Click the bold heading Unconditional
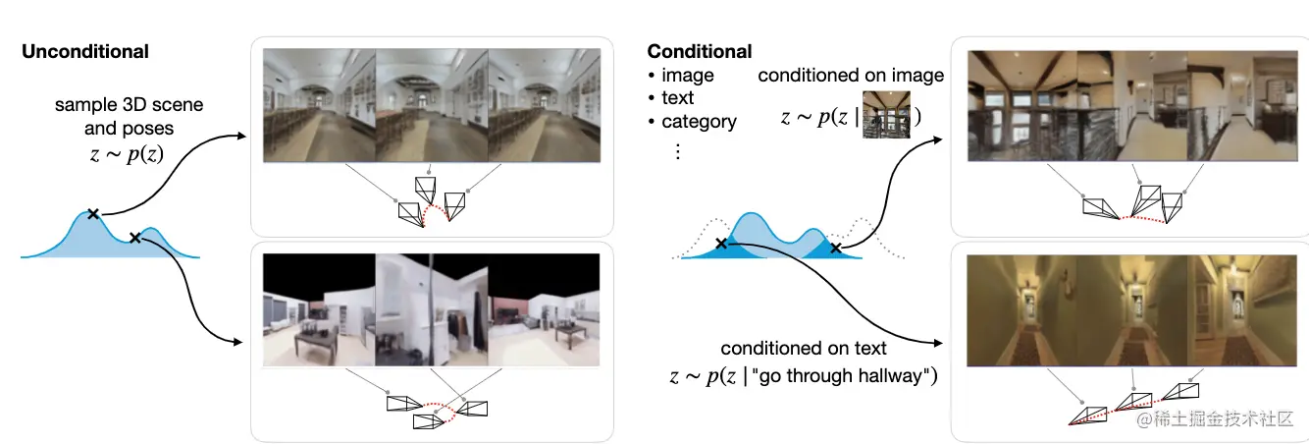pos(85,51)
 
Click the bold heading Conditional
pos(699,51)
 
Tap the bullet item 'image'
pos(687,75)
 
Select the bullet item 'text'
pos(677,98)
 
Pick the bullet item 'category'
pos(699,122)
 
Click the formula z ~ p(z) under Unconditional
pos(116,153)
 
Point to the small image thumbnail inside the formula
pos(886,116)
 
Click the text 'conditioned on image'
pos(851,75)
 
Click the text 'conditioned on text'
pos(804,348)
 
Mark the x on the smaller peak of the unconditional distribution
pos(135,237)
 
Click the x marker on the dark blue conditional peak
pos(835,249)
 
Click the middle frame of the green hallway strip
pos(1133,309)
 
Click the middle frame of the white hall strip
pos(432,104)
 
